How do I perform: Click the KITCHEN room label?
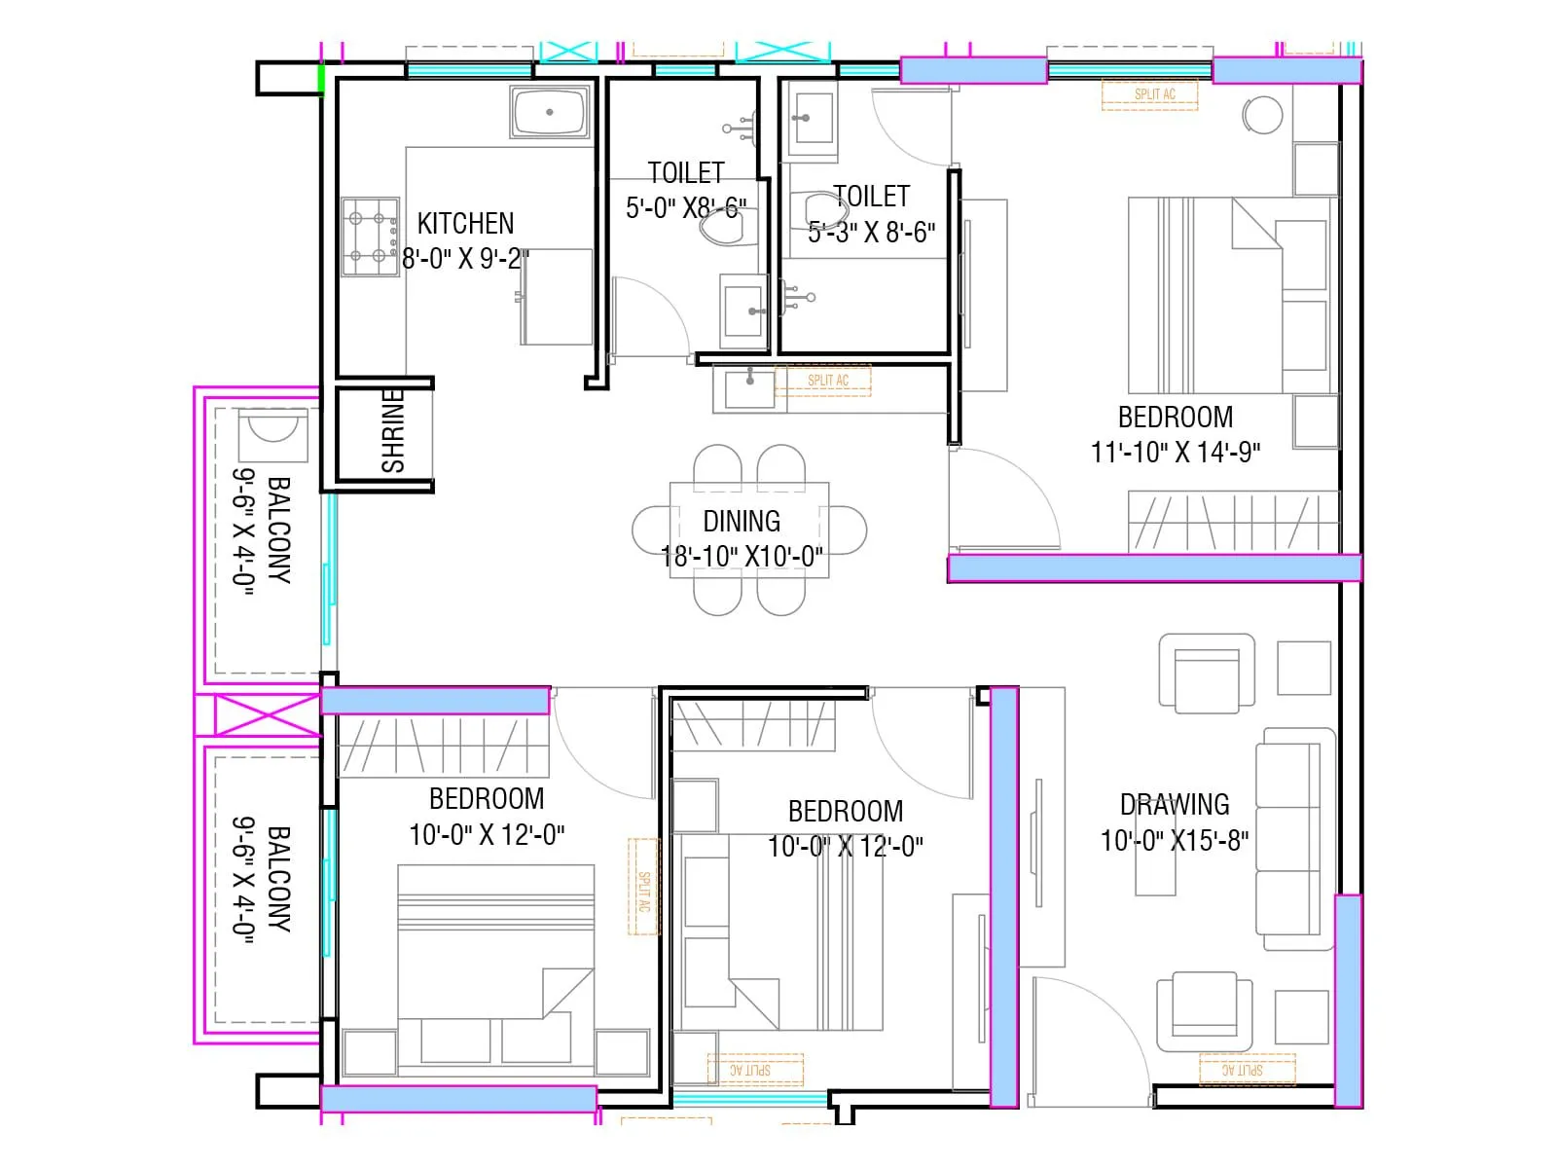(465, 224)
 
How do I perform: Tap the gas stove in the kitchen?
(370, 237)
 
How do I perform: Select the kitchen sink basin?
(550, 112)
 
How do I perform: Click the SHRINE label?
(393, 431)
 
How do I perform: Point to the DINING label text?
(742, 522)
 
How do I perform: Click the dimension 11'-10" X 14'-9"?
(1176, 453)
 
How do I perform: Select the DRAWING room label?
(1175, 805)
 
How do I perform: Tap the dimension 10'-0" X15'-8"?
(1175, 841)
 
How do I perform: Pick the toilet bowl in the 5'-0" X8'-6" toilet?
(720, 228)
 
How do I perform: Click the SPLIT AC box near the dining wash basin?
(827, 381)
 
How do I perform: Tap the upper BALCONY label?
(278, 529)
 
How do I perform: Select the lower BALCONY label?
(278, 879)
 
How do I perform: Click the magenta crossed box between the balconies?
(267, 715)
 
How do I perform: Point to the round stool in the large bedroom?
(1262, 115)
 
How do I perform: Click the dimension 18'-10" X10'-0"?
(742, 557)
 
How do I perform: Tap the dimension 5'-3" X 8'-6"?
(871, 233)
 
